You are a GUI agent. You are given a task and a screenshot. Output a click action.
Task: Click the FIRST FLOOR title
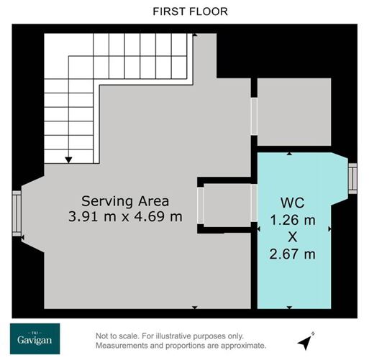tap(184, 11)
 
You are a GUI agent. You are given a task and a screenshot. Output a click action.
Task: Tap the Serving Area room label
tap(125, 200)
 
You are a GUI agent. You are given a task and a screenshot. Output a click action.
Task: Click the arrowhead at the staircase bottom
tap(69, 159)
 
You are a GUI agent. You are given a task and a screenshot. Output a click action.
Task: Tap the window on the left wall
tap(16, 213)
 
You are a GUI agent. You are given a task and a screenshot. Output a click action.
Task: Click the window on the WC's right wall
tap(352, 178)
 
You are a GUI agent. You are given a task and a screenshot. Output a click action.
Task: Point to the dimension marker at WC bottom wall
tap(289, 307)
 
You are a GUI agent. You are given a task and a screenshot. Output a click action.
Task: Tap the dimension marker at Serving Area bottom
tap(195, 307)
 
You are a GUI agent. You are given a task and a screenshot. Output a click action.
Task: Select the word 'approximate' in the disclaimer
tap(242, 345)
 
